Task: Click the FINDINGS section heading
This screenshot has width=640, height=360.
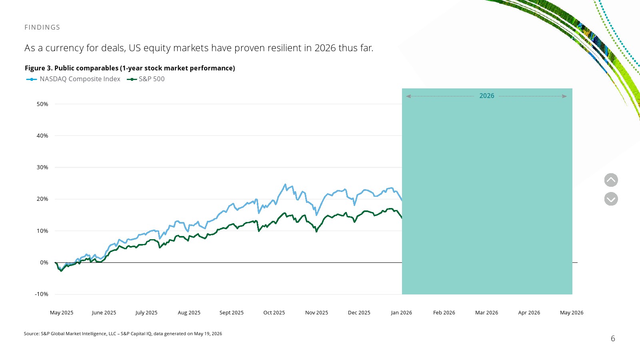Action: (x=42, y=27)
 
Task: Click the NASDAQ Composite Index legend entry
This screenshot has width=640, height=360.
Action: (x=73, y=79)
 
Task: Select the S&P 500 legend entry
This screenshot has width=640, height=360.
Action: (x=146, y=79)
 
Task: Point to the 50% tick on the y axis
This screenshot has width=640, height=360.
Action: (x=42, y=104)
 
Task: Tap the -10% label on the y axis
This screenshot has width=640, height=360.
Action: (x=42, y=294)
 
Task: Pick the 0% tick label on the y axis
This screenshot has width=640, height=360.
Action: (x=44, y=262)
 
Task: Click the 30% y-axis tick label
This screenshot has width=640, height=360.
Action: (x=42, y=167)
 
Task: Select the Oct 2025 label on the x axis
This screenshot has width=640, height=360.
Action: (x=274, y=312)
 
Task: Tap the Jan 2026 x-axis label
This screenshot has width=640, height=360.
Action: (x=402, y=312)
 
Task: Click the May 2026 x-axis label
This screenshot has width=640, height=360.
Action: (x=572, y=312)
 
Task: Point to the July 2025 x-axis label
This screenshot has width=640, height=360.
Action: (x=146, y=312)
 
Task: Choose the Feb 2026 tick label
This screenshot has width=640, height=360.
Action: (x=444, y=312)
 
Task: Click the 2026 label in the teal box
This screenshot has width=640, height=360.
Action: (x=486, y=96)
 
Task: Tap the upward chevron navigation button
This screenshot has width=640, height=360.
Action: (x=611, y=180)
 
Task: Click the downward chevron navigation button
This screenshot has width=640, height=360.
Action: (x=611, y=199)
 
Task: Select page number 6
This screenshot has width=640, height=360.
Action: (x=613, y=338)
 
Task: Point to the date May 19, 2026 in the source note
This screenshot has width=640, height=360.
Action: (x=208, y=334)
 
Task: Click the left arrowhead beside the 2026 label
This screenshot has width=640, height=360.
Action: (x=408, y=96)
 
